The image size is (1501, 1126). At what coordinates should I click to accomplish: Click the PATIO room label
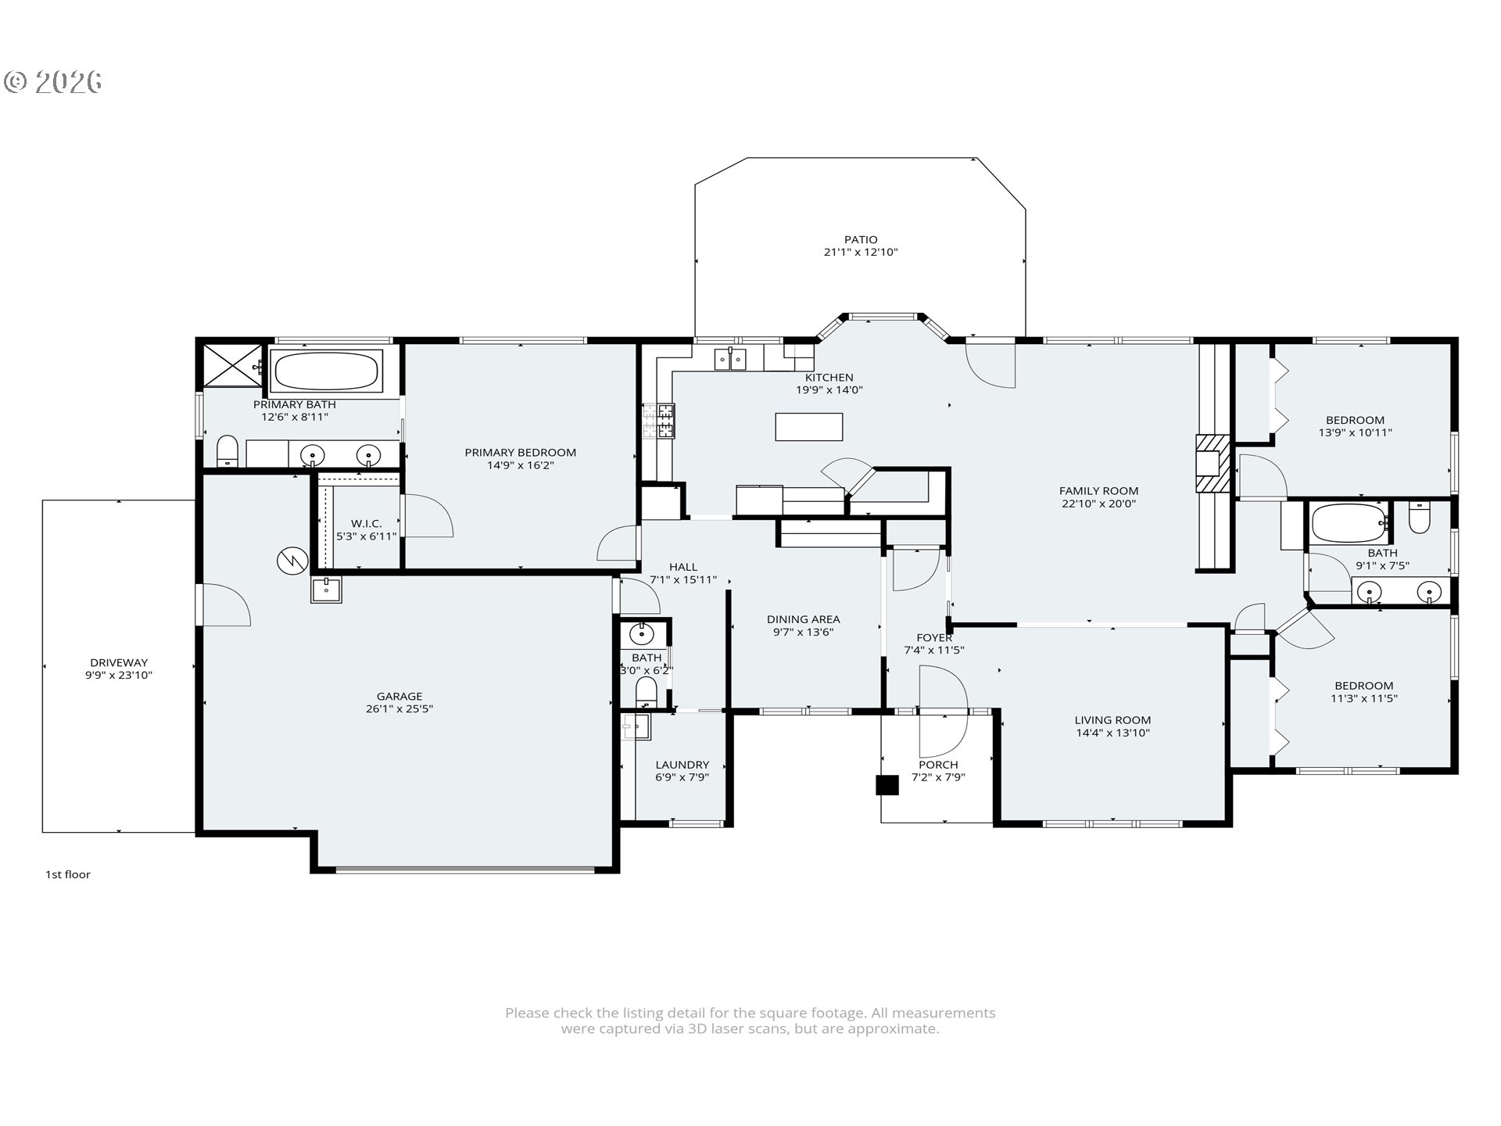coord(860,240)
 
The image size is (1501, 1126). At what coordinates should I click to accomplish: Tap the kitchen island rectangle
coord(808,427)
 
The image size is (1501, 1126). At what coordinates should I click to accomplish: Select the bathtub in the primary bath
coord(325,371)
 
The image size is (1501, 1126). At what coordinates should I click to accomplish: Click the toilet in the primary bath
coord(227,450)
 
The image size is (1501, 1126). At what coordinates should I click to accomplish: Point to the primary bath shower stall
coord(233,364)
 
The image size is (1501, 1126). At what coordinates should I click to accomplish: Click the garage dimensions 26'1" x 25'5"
coord(399,709)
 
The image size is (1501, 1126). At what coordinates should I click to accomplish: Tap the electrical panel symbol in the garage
coord(292,560)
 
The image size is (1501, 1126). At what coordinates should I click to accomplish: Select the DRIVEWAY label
coord(119,662)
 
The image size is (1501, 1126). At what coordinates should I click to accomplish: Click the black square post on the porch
coord(887,785)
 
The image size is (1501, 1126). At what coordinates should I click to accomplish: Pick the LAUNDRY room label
coord(682,765)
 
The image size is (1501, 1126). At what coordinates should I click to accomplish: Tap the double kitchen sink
coord(729,360)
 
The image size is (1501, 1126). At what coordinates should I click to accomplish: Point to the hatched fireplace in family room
coord(1213,464)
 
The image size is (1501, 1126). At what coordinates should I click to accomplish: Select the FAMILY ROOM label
coord(1098,491)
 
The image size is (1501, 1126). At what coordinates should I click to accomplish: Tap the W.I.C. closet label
coord(366,523)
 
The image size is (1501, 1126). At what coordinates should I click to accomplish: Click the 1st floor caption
coord(67,874)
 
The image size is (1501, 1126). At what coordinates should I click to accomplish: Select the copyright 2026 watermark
coord(53,81)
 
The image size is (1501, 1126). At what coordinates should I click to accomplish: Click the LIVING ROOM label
coord(1112,720)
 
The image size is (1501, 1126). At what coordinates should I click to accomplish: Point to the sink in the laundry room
coord(637,727)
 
